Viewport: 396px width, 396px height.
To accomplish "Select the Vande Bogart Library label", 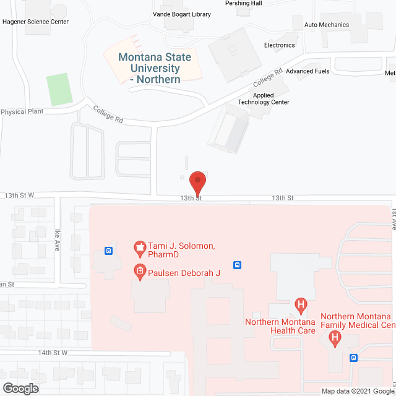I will pyautogui.click(x=182, y=14).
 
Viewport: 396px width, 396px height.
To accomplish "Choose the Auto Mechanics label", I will pyautogui.click(x=327, y=25).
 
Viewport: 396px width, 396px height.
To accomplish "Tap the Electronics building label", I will pyautogui.click(x=280, y=45).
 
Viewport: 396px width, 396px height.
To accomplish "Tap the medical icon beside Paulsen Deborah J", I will pyautogui.click(x=140, y=271).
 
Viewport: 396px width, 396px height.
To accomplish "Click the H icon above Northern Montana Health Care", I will pyautogui.click(x=301, y=304).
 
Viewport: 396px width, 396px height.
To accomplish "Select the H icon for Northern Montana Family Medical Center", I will pyautogui.click(x=335, y=338).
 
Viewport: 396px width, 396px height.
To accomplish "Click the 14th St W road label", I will pyautogui.click(x=52, y=353).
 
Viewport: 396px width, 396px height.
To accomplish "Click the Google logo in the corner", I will pyautogui.click(x=20, y=389).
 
